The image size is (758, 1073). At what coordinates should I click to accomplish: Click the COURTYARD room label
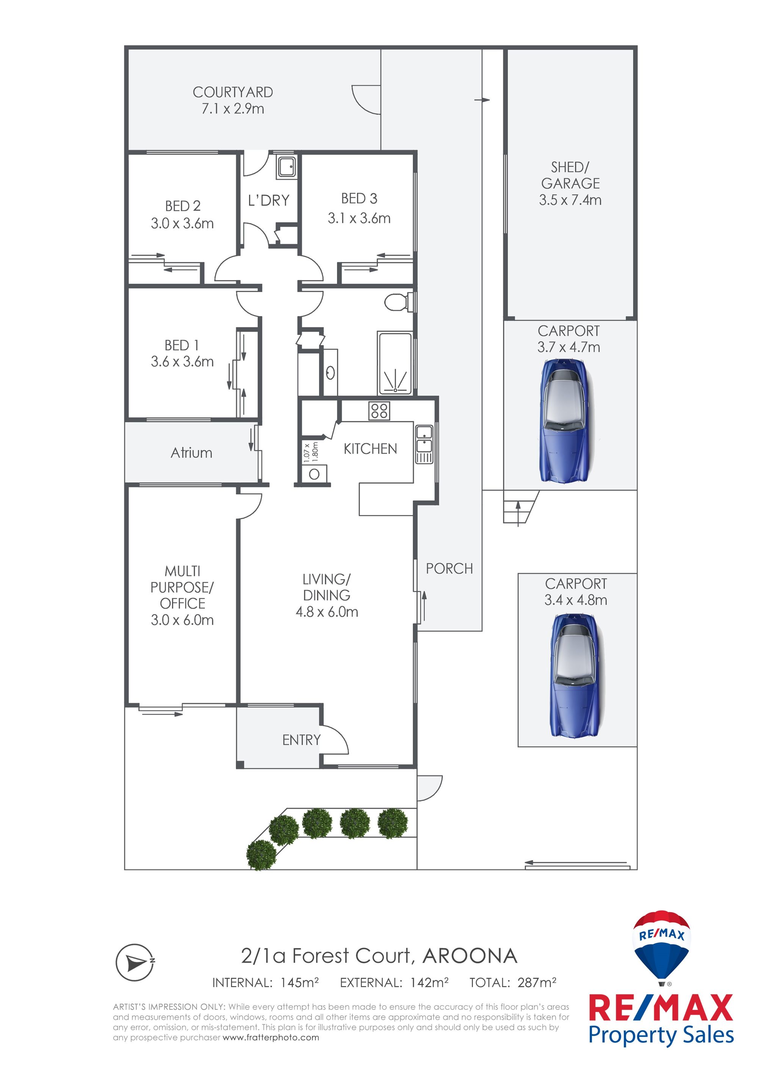(233, 92)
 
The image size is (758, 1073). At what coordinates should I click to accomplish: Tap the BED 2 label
(183, 206)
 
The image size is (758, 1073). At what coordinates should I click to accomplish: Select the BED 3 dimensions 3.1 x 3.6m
(359, 218)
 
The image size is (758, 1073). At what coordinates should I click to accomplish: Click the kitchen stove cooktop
(379, 411)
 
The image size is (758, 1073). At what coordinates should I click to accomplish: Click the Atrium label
(191, 453)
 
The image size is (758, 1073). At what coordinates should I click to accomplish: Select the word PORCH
(449, 569)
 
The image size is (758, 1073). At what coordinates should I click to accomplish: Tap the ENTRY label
(301, 740)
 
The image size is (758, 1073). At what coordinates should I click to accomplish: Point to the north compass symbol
(135, 962)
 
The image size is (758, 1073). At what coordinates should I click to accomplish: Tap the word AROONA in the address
(470, 956)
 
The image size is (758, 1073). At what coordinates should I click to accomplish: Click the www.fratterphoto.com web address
(271, 1037)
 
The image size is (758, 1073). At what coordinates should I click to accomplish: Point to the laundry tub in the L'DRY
(286, 167)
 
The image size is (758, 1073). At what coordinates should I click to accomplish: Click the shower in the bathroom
(395, 363)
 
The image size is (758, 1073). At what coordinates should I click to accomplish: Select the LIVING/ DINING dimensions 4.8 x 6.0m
(327, 612)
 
